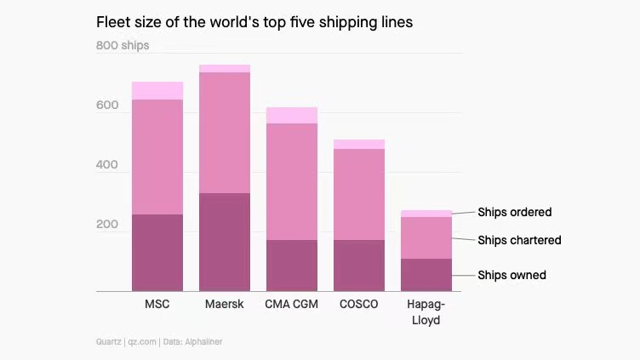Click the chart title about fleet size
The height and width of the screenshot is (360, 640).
click(254, 23)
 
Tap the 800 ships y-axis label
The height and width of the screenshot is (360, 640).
click(123, 45)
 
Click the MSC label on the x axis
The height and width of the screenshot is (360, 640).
click(157, 304)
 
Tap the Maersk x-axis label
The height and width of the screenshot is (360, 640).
click(225, 304)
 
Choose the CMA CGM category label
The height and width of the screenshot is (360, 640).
click(291, 304)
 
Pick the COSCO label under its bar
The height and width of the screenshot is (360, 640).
click(358, 304)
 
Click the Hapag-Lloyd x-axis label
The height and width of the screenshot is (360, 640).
click(426, 311)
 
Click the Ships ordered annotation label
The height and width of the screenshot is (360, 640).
click(514, 212)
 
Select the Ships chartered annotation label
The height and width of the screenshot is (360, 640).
click(519, 240)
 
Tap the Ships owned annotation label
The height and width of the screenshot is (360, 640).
click(511, 275)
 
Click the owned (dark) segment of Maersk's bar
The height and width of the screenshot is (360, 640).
click(225, 243)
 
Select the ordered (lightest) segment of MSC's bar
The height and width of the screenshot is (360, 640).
click(157, 90)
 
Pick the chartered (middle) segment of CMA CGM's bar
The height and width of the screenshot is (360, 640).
click(291, 181)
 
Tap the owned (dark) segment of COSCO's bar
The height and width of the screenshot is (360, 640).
click(358, 266)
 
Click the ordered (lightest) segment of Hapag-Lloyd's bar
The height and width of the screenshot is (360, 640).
click(426, 214)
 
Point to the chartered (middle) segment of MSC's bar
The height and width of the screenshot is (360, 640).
click(157, 157)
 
